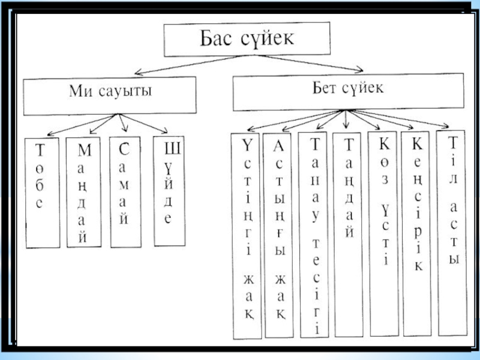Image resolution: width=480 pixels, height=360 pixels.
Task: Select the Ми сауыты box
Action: pyautogui.click(x=109, y=95)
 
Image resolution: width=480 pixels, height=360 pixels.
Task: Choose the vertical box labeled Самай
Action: pyautogui.click(x=125, y=191)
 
